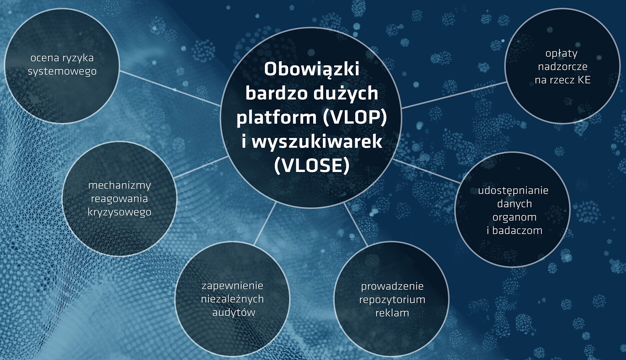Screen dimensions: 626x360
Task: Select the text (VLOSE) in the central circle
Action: click(312, 165)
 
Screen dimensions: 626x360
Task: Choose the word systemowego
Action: click(62, 72)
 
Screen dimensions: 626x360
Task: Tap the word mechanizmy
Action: click(120, 186)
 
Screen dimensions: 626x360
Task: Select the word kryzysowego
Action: click(120, 212)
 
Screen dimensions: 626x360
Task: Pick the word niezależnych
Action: click(233, 299)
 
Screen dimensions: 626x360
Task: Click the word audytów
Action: click(234, 313)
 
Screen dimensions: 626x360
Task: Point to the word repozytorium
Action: click(392, 300)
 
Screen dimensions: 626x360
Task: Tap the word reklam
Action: click(392, 313)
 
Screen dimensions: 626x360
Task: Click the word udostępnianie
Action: click(513, 191)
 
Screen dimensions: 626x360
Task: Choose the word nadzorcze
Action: click(563, 67)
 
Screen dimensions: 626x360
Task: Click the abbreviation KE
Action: click(584, 80)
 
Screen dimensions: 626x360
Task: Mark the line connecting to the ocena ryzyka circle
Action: click(170, 88)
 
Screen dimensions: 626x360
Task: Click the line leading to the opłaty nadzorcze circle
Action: click(454, 95)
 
